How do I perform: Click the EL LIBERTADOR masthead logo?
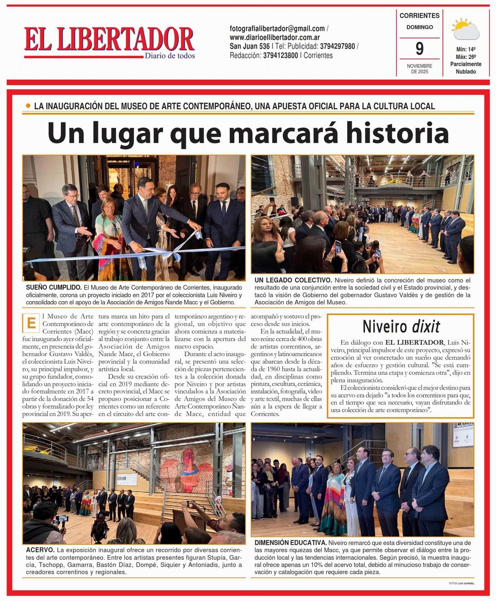109,40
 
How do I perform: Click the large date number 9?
419,49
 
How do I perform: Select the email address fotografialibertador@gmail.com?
277,29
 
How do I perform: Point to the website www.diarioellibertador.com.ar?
275,37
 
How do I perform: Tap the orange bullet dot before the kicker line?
28,106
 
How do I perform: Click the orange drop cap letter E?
30,323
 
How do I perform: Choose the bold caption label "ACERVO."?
40,550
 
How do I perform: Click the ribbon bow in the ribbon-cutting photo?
179,247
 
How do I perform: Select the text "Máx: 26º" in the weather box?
465,57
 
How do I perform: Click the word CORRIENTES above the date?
419,16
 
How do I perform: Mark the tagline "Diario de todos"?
169,56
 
